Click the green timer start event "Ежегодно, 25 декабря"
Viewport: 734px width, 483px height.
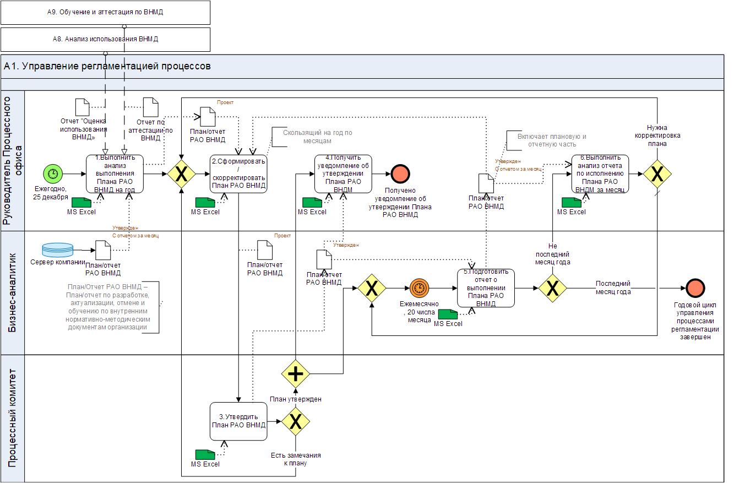[x=53, y=173]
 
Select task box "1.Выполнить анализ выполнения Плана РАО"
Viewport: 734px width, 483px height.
[x=115, y=173]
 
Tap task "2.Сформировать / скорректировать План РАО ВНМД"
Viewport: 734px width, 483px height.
[x=238, y=173]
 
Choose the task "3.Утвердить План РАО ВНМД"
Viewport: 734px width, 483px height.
[x=238, y=421]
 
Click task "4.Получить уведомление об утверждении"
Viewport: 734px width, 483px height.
[x=343, y=173]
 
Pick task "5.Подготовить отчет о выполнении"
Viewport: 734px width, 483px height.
[x=486, y=287]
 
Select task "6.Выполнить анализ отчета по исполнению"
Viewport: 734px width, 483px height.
[x=600, y=173]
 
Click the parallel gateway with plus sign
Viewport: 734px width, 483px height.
[x=296, y=374]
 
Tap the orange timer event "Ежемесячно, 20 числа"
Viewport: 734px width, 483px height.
[x=418, y=287]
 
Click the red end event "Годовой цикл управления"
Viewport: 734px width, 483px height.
[x=696, y=287]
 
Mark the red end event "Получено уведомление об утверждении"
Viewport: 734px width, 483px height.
[x=400, y=173]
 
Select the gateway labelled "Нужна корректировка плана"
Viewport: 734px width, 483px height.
[x=657, y=173]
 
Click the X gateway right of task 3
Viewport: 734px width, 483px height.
[x=296, y=422]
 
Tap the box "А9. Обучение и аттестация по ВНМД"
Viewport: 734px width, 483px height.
[x=105, y=12]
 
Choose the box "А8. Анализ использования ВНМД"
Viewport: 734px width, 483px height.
[x=105, y=40]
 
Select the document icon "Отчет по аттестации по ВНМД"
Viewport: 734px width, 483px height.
[x=150, y=107]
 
